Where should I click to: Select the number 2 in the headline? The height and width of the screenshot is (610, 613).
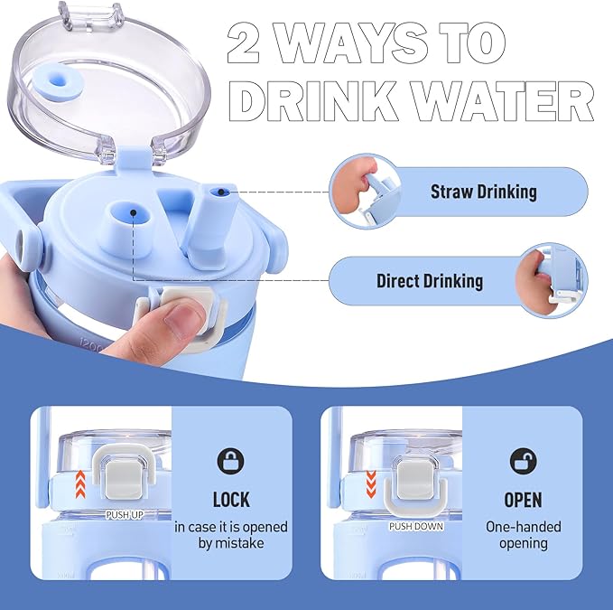[244, 42]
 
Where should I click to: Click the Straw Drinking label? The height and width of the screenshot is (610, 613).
[484, 192]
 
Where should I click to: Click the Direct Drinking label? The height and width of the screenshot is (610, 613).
[430, 281]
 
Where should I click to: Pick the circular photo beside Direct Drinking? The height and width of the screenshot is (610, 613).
[552, 280]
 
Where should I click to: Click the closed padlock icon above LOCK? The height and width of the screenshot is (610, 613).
[230, 461]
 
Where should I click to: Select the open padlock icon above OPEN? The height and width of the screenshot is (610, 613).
[524, 461]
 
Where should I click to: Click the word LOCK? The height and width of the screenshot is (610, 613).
[231, 500]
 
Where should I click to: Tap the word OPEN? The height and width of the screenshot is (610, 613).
[523, 500]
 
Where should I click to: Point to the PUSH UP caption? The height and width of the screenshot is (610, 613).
[125, 515]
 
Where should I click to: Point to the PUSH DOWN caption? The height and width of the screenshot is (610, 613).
[416, 527]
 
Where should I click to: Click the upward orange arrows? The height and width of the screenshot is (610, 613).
[80, 484]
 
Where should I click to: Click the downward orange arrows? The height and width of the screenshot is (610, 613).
[371, 484]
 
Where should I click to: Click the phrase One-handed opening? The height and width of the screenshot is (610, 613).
[523, 535]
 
